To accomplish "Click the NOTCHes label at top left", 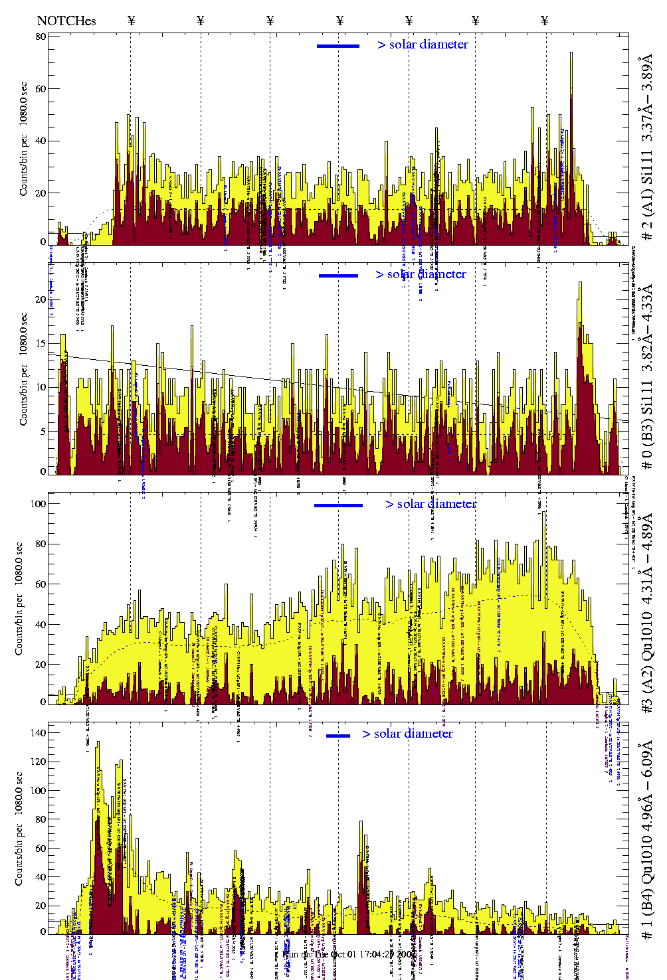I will pyautogui.click(x=66, y=21).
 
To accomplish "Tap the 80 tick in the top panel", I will pyautogui.click(x=41, y=37).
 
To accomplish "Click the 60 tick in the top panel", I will pyautogui.click(x=41, y=88).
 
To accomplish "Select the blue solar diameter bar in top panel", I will pyautogui.click(x=338, y=46).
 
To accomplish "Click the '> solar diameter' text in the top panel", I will pyautogui.click(x=423, y=44).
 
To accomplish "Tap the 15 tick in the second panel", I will pyautogui.click(x=41, y=343).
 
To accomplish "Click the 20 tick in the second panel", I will pyautogui.click(x=41, y=299).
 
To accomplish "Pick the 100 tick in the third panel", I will pyautogui.click(x=39, y=503).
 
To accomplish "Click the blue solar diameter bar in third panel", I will pyautogui.click(x=338, y=505).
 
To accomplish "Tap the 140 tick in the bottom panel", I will pyautogui.click(x=39, y=733).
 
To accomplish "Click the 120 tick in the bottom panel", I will pyautogui.click(x=39, y=762).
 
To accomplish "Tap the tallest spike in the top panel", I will pyautogui.click(x=571, y=54).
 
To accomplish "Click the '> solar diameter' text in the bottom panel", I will pyautogui.click(x=407, y=734).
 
